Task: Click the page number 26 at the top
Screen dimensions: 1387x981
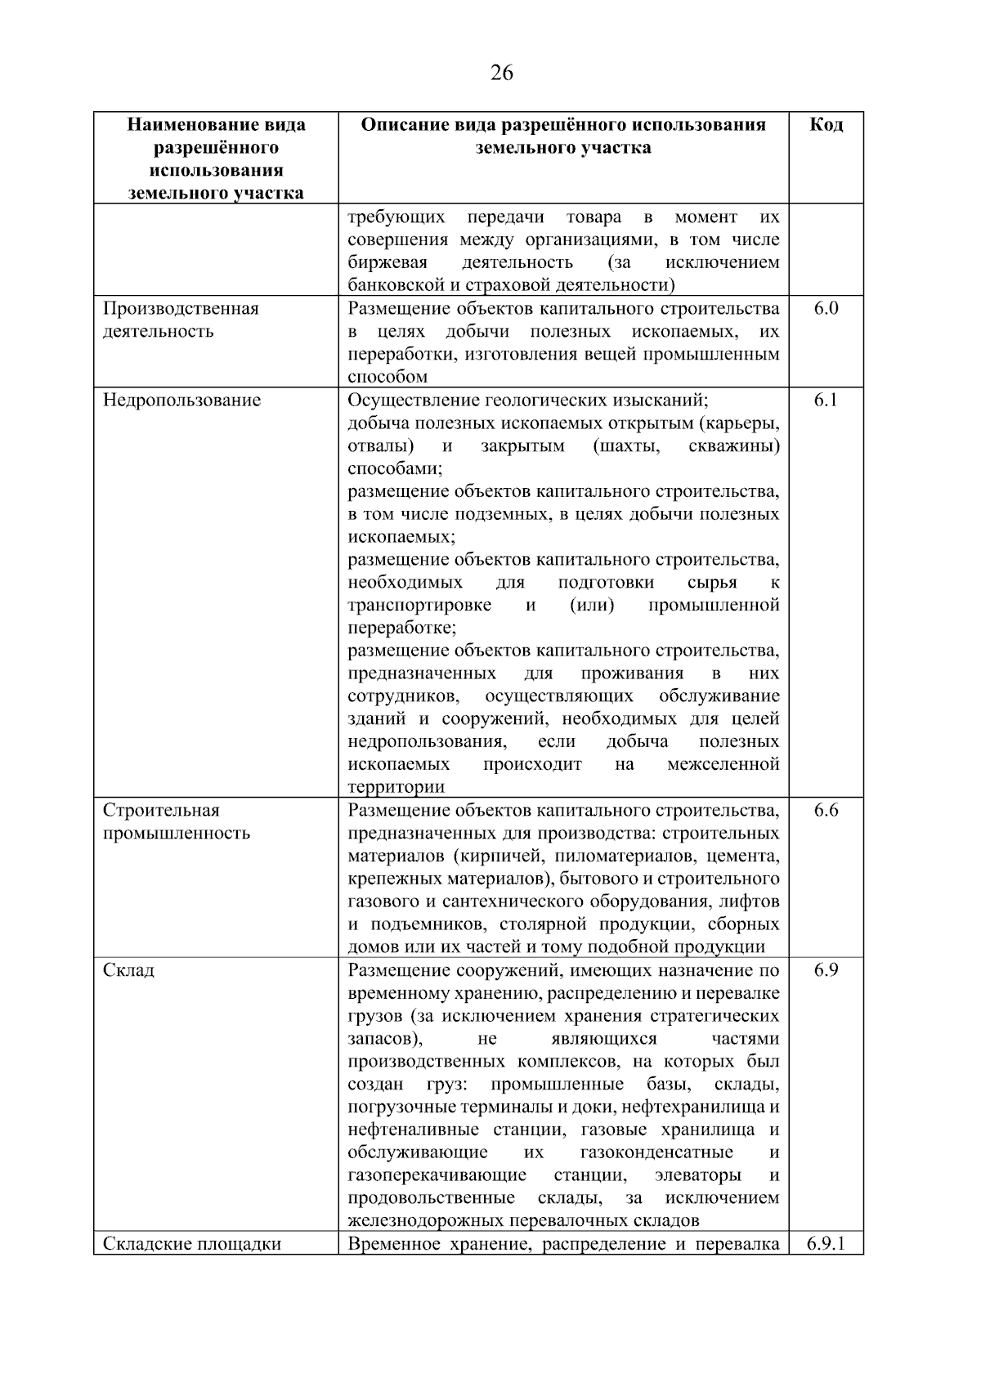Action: (502, 74)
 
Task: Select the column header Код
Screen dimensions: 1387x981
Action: (826, 125)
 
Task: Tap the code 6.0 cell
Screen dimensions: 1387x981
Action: (826, 309)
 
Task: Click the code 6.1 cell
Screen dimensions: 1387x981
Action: (826, 400)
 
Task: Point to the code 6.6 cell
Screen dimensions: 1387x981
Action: (826, 811)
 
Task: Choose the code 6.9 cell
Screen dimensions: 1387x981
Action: (826, 971)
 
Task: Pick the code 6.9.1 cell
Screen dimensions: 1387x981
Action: (826, 1244)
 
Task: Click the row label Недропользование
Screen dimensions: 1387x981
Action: (182, 400)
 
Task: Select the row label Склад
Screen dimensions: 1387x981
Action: (128, 971)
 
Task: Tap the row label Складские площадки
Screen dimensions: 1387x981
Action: (192, 1244)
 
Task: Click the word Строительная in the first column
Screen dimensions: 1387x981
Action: (161, 811)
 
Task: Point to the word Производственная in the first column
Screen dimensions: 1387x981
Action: (181, 309)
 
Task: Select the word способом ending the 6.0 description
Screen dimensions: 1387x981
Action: (387, 378)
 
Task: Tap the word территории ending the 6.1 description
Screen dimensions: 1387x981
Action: (396, 788)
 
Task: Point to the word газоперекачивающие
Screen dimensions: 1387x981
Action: (437, 1175)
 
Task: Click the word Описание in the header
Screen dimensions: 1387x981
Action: (402, 125)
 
